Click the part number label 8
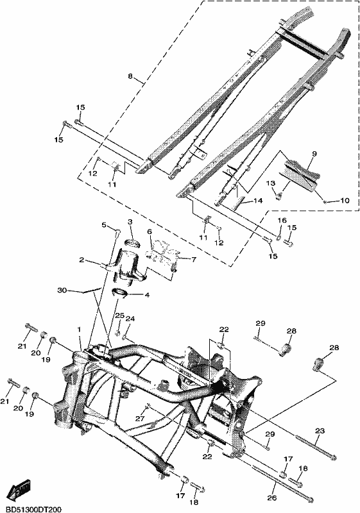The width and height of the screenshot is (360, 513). click(130, 76)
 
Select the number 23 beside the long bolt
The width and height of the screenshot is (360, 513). click(320, 431)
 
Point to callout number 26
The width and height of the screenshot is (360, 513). click(272, 498)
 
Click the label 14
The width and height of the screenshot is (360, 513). click(258, 201)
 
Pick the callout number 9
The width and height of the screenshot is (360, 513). click(314, 153)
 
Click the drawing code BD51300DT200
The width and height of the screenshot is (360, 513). click(30, 509)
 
